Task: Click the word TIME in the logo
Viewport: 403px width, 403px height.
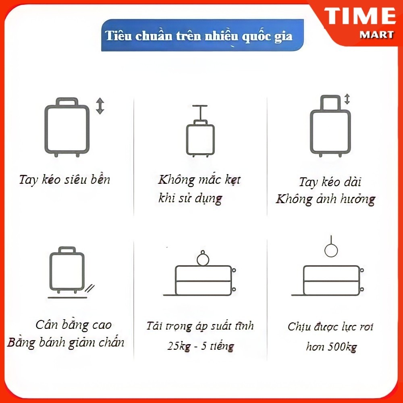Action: (x=360, y=16)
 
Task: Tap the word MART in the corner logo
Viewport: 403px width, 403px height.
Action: (x=376, y=35)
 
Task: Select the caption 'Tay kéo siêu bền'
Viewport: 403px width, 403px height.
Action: (x=64, y=179)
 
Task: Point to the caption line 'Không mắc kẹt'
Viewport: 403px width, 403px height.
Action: (x=199, y=180)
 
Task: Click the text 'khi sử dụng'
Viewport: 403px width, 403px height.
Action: (x=190, y=199)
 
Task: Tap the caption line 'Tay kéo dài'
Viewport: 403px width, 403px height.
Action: (x=330, y=182)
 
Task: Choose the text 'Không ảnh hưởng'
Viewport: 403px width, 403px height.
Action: (x=325, y=199)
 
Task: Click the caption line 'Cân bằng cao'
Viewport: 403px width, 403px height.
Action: (x=73, y=325)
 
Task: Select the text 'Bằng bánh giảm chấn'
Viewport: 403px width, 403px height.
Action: (x=66, y=342)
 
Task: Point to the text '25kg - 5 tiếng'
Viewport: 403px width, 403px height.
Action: (x=200, y=346)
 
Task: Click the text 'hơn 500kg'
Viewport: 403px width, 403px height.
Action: (x=331, y=347)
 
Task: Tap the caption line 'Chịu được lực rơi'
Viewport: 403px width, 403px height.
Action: (x=330, y=327)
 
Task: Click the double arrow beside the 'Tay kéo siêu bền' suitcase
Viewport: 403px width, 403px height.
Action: (x=100, y=106)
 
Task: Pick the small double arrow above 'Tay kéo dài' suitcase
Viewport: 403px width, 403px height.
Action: (x=347, y=99)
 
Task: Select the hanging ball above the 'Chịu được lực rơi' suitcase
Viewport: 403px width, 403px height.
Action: (x=331, y=250)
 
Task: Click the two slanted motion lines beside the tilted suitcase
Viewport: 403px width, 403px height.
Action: (x=90, y=289)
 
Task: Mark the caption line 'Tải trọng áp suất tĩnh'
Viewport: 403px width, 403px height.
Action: (x=200, y=326)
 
